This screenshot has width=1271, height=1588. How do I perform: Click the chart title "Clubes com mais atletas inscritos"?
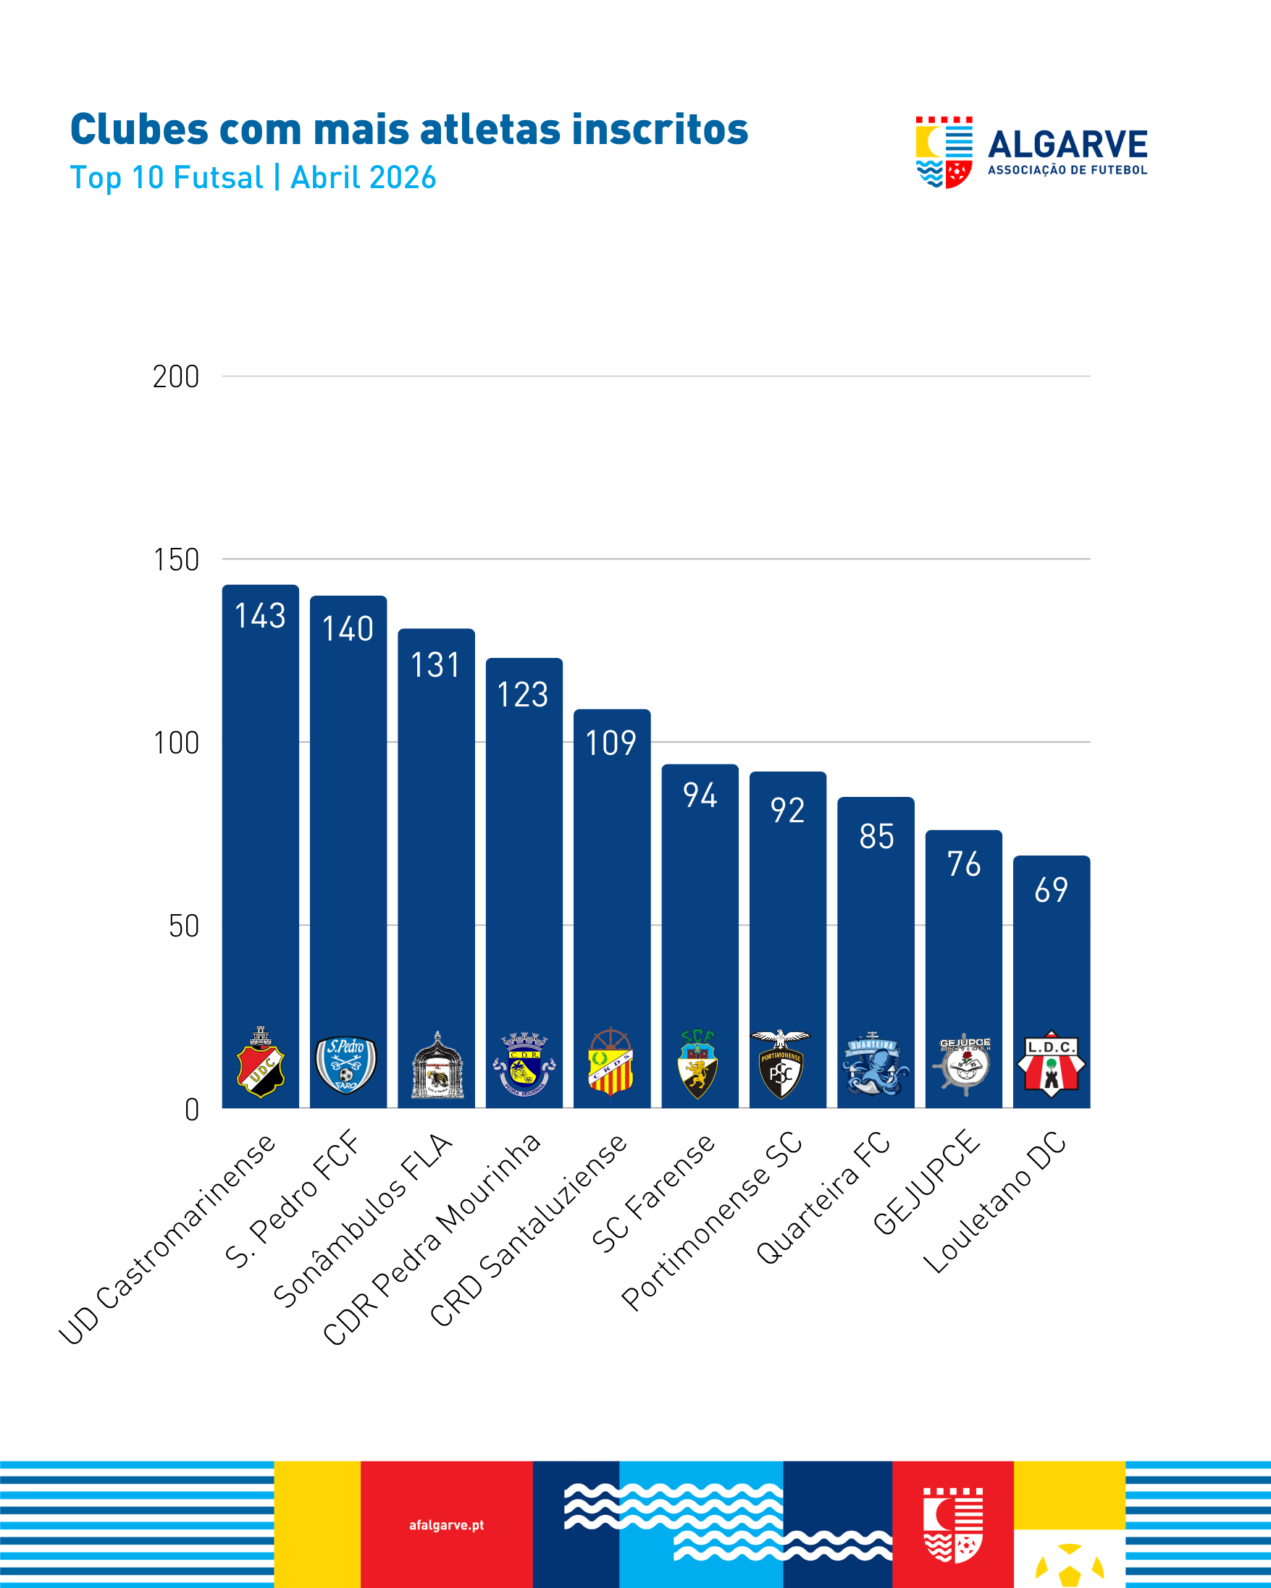pos(409,130)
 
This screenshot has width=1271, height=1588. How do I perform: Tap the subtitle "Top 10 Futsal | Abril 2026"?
pos(253,177)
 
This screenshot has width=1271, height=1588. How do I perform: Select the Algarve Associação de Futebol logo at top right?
pos(1031,152)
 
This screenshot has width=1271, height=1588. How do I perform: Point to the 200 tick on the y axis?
pos(175,377)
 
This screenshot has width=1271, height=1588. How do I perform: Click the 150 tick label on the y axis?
pos(175,559)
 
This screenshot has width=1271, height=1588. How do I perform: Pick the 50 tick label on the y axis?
pos(183,926)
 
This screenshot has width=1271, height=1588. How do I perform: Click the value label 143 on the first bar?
pos(260,616)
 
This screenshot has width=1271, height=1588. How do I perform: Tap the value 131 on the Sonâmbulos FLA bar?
pos(435,665)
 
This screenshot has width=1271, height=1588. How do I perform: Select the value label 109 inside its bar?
pos(611,743)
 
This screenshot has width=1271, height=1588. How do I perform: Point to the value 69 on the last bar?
pos(1052,890)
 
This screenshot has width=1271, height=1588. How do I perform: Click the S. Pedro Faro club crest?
pos(346,1065)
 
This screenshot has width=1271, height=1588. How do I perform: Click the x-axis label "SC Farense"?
pos(653,1194)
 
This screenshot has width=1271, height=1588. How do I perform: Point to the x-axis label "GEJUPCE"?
pos(927,1181)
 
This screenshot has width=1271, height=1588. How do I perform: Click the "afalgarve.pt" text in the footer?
pos(447,1524)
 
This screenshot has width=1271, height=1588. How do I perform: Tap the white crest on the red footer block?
pos(954,1524)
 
